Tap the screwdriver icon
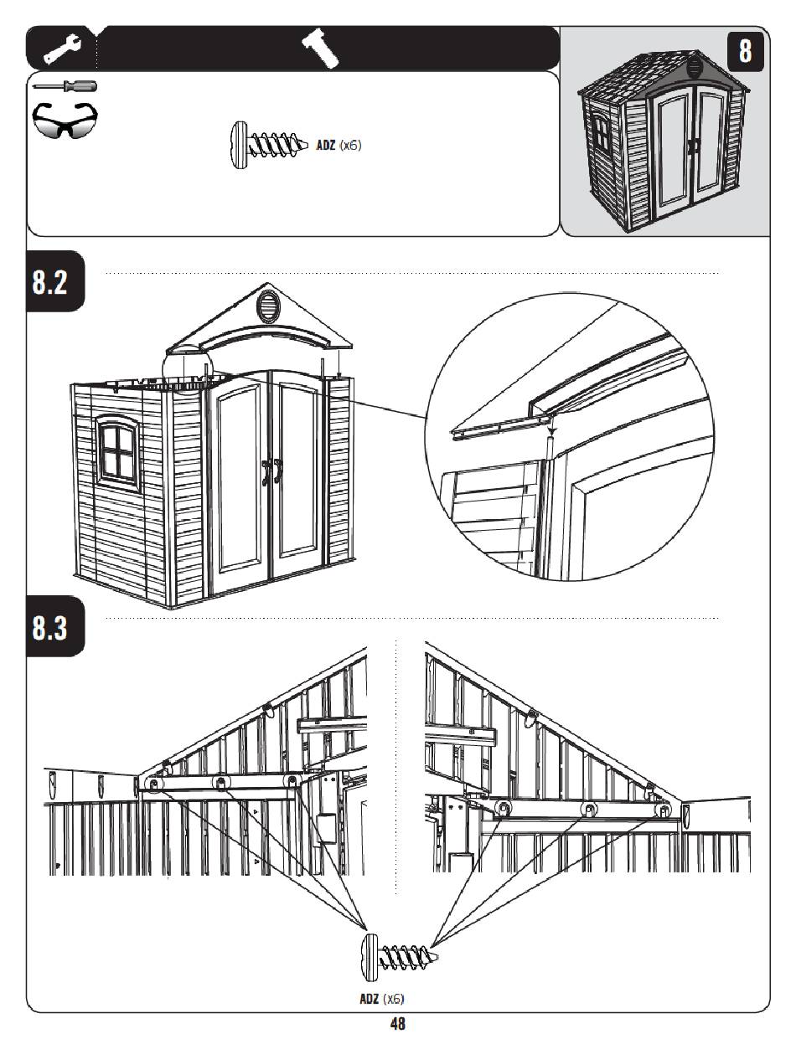click(x=65, y=86)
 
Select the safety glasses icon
click(x=65, y=120)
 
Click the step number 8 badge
click(x=745, y=51)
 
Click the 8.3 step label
click(x=49, y=627)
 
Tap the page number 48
click(x=397, y=1023)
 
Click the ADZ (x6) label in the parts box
click(x=339, y=145)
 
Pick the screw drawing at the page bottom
click(x=400, y=957)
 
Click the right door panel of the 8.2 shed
click(x=297, y=472)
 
